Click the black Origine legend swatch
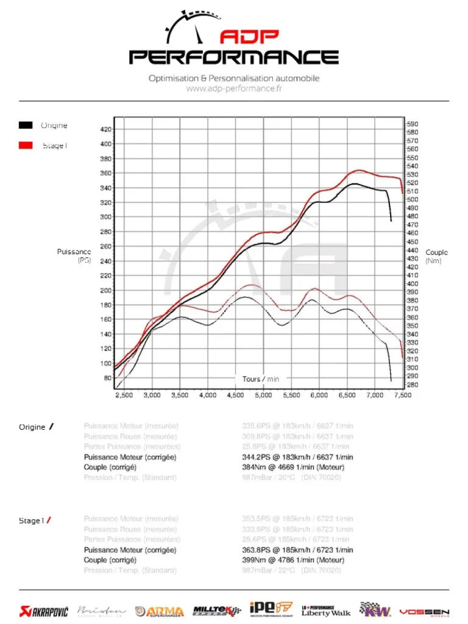(26, 126)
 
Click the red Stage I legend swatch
(26, 146)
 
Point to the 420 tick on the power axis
(105, 129)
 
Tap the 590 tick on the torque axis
(413, 124)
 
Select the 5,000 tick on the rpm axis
(263, 395)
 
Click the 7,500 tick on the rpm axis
(403, 395)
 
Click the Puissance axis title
(74, 252)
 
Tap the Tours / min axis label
(261, 379)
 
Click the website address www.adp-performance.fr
(234, 88)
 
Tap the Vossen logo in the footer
(424, 611)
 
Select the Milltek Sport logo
(216, 610)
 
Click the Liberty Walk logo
(326, 611)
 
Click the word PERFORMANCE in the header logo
(234, 58)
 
